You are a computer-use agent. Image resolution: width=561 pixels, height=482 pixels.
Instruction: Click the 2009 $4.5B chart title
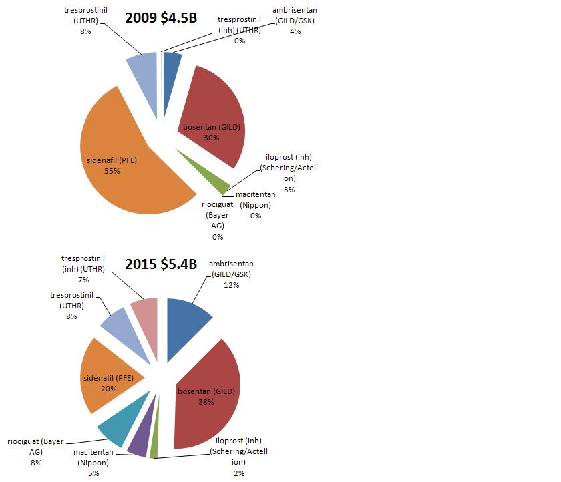[161, 18]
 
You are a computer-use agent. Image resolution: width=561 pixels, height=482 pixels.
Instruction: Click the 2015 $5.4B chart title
[161, 264]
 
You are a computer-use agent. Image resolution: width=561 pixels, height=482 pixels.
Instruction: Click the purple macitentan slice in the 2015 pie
[140, 441]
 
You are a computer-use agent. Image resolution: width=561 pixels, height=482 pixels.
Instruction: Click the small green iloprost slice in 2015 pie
[154, 450]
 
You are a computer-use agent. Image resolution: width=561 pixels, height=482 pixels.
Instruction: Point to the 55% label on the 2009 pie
[112, 170]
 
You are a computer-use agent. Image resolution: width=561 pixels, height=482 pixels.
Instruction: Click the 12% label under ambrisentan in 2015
[232, 285]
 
